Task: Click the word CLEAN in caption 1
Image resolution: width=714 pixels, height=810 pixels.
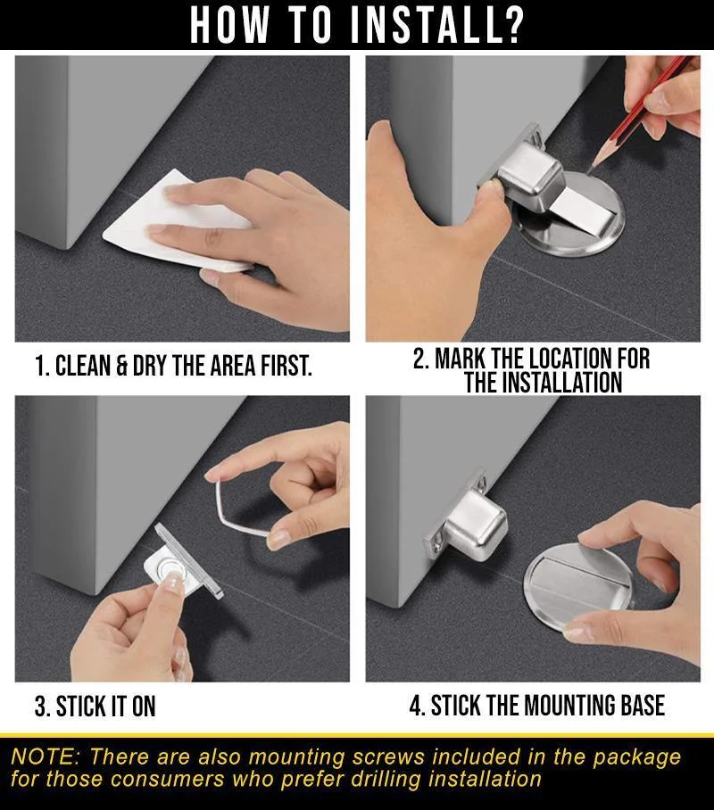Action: [83, 366]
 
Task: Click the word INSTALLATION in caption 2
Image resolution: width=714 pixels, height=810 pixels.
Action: [543, 383]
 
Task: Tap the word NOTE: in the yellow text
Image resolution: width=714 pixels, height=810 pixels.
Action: [45, 756]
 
